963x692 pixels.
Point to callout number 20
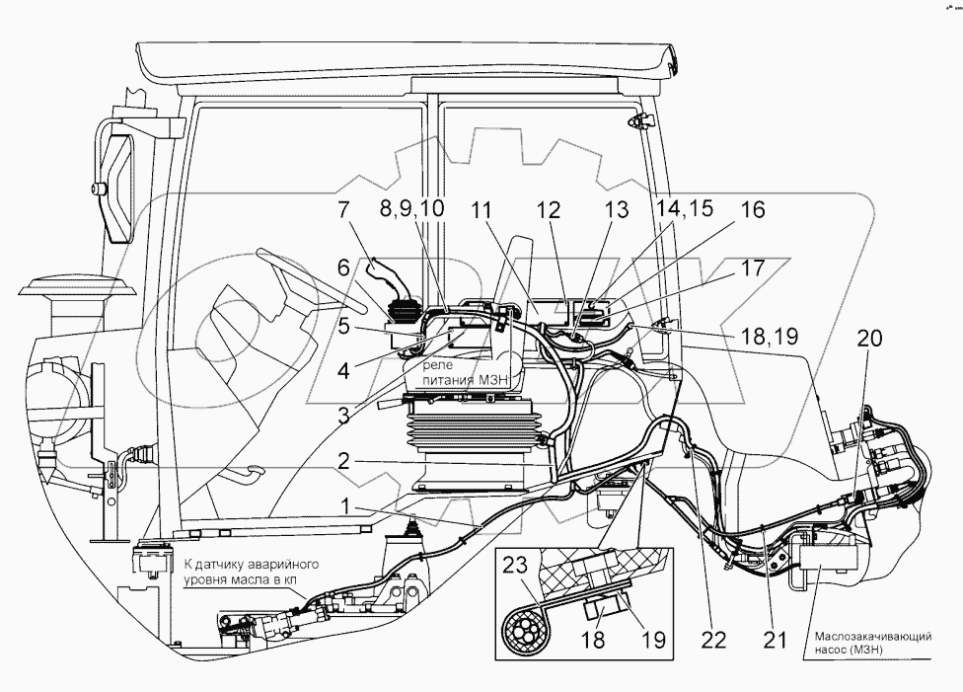click(x=869, y=338)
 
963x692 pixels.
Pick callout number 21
click(x=776, y=640)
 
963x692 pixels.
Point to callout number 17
click(x=751, y=268)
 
